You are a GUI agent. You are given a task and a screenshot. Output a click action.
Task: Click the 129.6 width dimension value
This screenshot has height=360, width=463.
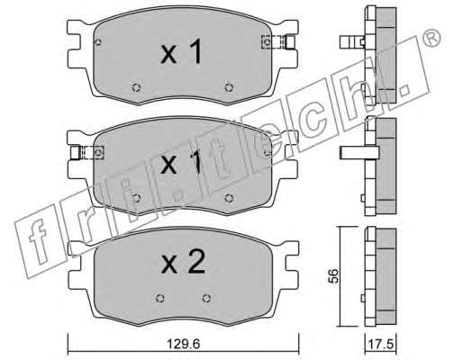click(183, 344)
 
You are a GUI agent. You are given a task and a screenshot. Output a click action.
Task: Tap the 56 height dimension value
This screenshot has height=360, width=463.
click(333, 275)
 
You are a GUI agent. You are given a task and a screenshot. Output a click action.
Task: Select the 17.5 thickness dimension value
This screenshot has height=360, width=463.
click(380, 344)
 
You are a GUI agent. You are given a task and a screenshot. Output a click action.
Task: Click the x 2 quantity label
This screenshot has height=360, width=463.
click(183, 262)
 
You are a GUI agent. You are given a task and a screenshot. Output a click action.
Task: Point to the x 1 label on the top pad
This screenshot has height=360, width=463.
click(182, 51)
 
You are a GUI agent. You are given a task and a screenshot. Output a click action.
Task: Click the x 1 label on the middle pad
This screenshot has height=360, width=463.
click(181, 162)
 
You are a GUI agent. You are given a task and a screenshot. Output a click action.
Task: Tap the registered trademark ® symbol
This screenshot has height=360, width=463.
click(431, 38)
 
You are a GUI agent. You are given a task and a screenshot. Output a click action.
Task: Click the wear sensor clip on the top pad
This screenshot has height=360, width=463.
click(278, 42)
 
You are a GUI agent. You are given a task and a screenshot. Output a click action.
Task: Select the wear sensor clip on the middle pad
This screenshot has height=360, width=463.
click(87, 153)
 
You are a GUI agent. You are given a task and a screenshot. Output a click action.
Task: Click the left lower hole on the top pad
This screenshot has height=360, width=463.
click(136, 87)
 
